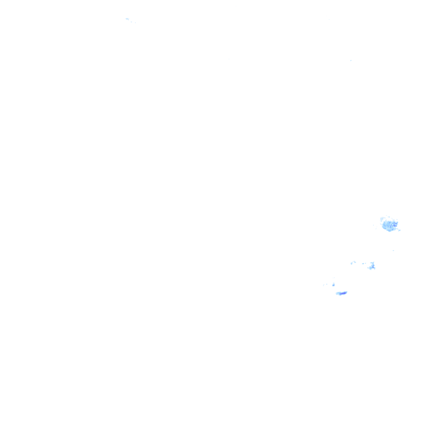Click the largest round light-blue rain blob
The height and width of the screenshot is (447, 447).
click(389, 225)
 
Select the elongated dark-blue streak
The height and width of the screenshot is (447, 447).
click(342, 293)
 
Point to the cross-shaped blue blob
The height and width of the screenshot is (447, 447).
click(371, 266)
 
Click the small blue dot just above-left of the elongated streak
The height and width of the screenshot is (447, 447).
click(334, 285)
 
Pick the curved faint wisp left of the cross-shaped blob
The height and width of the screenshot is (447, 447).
click(353, 263)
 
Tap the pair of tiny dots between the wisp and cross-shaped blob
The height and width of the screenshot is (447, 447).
click(364, 264)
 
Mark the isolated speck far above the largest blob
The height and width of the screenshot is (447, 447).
click(350, 61)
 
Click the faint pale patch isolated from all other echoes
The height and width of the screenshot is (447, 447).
click(127, 19)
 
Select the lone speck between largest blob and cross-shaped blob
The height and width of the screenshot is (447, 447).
click(393, 251)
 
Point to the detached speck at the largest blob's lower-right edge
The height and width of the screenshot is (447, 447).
click(399, 230)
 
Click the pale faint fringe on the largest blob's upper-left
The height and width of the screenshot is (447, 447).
click(384, 219)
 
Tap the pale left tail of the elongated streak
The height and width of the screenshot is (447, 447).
click(338, 293)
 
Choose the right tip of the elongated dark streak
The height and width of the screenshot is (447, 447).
click(346, 292)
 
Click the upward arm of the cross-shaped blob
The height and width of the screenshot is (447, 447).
click(372, 262)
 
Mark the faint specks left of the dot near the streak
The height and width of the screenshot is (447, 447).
click(326, 285)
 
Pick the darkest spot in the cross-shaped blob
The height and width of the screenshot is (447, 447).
click(372, 267)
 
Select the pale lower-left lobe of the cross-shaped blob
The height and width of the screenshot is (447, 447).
click(369, 268)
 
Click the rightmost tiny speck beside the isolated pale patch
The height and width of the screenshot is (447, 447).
click(135, 22)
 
